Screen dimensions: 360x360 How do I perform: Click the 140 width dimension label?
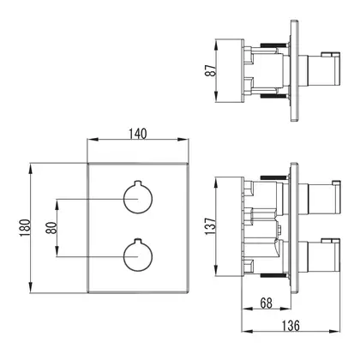point(137,134)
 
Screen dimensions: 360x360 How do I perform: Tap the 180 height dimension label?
point(25,228)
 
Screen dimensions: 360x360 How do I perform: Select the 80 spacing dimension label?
point(51,228)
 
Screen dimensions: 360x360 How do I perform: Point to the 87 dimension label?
point(211,70)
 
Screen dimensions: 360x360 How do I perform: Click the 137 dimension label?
point(210,226)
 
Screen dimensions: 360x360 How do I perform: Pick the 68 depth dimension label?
point(266,303)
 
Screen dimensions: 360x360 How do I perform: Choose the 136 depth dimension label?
point(291,326)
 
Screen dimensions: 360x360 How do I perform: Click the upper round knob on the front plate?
point(138,198)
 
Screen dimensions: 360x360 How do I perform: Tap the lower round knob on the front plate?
point(138,255)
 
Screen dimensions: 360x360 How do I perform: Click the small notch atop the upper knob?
point(138,183)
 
